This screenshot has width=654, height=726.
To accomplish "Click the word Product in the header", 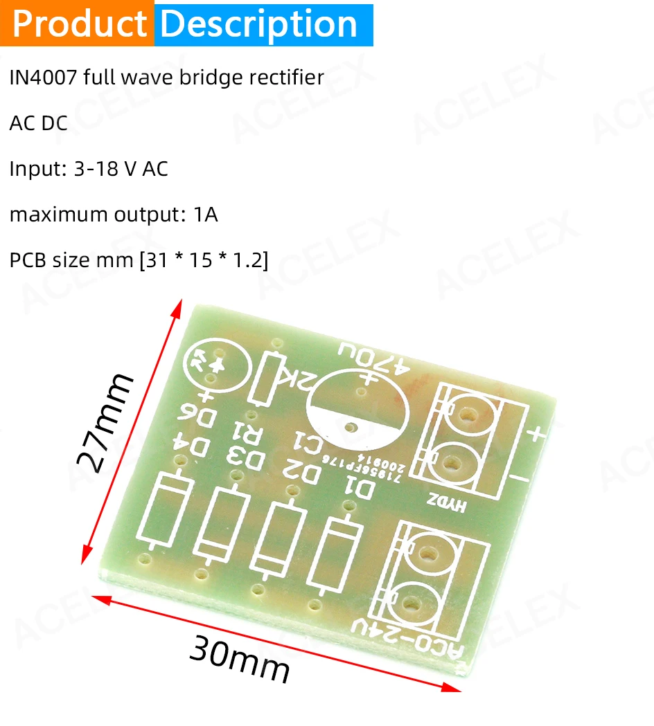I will [80, 24].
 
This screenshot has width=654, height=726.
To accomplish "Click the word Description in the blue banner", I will [258, 24].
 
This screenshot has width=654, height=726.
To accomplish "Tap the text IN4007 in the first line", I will [44, 78].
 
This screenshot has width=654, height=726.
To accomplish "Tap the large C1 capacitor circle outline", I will [353, 411].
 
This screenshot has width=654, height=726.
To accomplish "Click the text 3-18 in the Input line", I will [94, 169].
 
